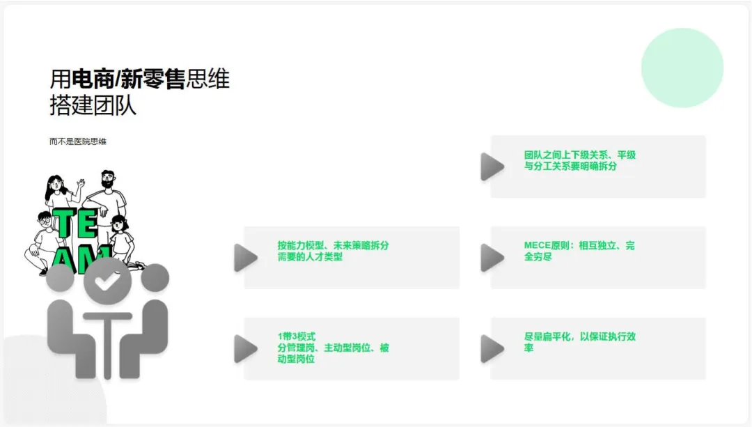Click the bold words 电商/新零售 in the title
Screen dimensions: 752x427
coord(129,79)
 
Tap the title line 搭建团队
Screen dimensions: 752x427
coord(93,105)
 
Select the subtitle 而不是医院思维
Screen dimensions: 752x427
coord(78,141)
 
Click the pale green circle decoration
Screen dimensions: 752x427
coord(682,68)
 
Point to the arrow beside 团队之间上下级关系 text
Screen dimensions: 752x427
coord(493,166)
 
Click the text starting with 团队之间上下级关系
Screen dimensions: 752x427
coord(579,160)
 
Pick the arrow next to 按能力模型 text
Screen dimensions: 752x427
coord(246,257)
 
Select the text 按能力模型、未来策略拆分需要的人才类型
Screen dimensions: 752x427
coord(332,251)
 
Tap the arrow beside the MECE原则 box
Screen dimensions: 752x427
coord(493,257)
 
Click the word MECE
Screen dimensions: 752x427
coord(538,246)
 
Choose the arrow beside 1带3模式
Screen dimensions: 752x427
coord(246,348)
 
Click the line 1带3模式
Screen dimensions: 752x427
coord(296,336)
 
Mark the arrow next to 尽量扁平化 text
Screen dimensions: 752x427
coord(493,348)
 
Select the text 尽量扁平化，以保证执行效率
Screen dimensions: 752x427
coord(579,341)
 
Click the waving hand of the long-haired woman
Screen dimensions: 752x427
coord(81,183)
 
